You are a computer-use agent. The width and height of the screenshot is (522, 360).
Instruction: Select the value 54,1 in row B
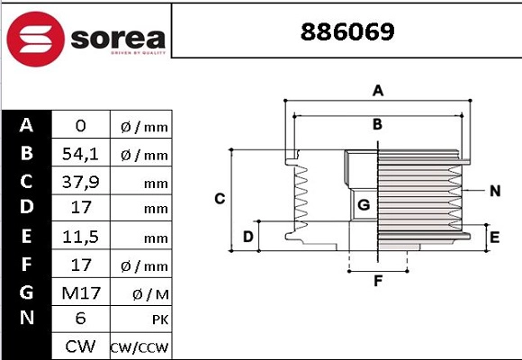80,154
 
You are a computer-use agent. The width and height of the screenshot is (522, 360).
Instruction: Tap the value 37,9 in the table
80,182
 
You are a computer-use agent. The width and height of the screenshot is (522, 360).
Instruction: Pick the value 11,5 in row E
80,238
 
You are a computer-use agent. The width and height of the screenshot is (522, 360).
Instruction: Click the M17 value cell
80,292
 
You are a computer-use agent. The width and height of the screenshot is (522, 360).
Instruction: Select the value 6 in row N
80,319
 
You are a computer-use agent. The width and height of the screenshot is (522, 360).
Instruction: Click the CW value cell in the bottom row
80,346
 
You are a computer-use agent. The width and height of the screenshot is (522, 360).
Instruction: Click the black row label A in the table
27,125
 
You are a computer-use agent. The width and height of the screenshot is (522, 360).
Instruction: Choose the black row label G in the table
27,292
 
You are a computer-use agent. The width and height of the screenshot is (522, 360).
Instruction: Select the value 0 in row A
80,126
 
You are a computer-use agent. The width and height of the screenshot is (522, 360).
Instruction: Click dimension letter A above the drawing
379,90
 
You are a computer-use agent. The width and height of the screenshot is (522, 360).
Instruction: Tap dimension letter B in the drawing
378,124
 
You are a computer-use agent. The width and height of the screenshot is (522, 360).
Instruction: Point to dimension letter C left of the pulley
219,198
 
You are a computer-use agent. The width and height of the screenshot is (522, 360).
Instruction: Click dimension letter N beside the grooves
495,190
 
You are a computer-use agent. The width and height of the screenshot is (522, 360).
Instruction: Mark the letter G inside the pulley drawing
364,205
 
